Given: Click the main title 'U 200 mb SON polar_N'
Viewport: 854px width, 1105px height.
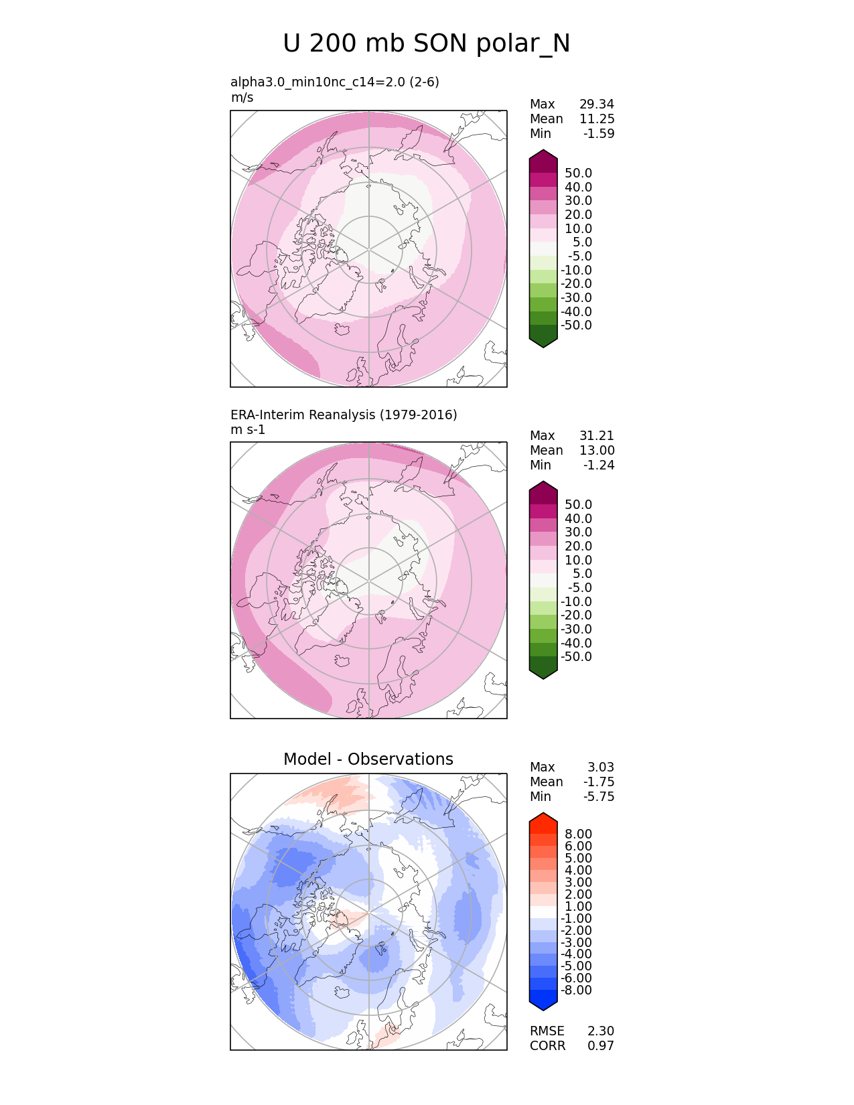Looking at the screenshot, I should click(x=427, y=44).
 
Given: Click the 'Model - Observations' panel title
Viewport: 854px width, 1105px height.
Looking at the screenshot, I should click(x=368, y=759).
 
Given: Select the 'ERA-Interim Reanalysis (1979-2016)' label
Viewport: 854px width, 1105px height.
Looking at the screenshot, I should click(x=344, y=415).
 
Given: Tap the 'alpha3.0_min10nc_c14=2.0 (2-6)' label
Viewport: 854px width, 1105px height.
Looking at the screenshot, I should click(x=335, y=82).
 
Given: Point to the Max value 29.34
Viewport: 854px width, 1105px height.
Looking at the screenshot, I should click(x=597, y=104).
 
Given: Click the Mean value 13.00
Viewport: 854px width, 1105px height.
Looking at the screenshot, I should click(x=597, y=450).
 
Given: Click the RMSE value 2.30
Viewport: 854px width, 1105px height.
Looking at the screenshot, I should click(x=601, y=1031).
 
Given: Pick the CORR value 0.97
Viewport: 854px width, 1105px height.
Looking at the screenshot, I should click(x=601, y=1045).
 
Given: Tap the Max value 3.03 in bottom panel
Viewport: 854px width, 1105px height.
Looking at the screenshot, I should click(x=601, y=767).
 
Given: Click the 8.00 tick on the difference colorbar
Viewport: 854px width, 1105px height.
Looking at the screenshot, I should click(x=579, y=834).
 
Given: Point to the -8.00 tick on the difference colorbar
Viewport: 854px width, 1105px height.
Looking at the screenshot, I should click(x=577, y=990).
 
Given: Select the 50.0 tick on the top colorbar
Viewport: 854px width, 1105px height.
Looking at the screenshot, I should click(x=579, y=173).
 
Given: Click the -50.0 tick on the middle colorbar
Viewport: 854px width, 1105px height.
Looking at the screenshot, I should click(x=577, y=656).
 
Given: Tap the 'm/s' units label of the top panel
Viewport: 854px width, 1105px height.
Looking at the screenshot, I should click(x=242, y=97).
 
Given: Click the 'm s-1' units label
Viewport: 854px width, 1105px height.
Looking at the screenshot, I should click(x=248, y=429).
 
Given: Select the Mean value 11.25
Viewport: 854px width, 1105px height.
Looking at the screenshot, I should click(x=597, y=119).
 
